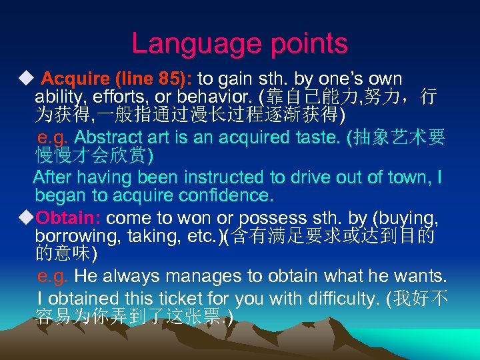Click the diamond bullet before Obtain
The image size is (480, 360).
pyautogui.click(x=27, y=218)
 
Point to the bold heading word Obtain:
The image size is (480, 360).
pyautogui.click(x=69, y=218)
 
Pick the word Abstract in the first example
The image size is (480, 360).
pyautogui.click(x=108, y=138)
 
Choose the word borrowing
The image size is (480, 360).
pyautogui.click(x=68, y=236)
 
